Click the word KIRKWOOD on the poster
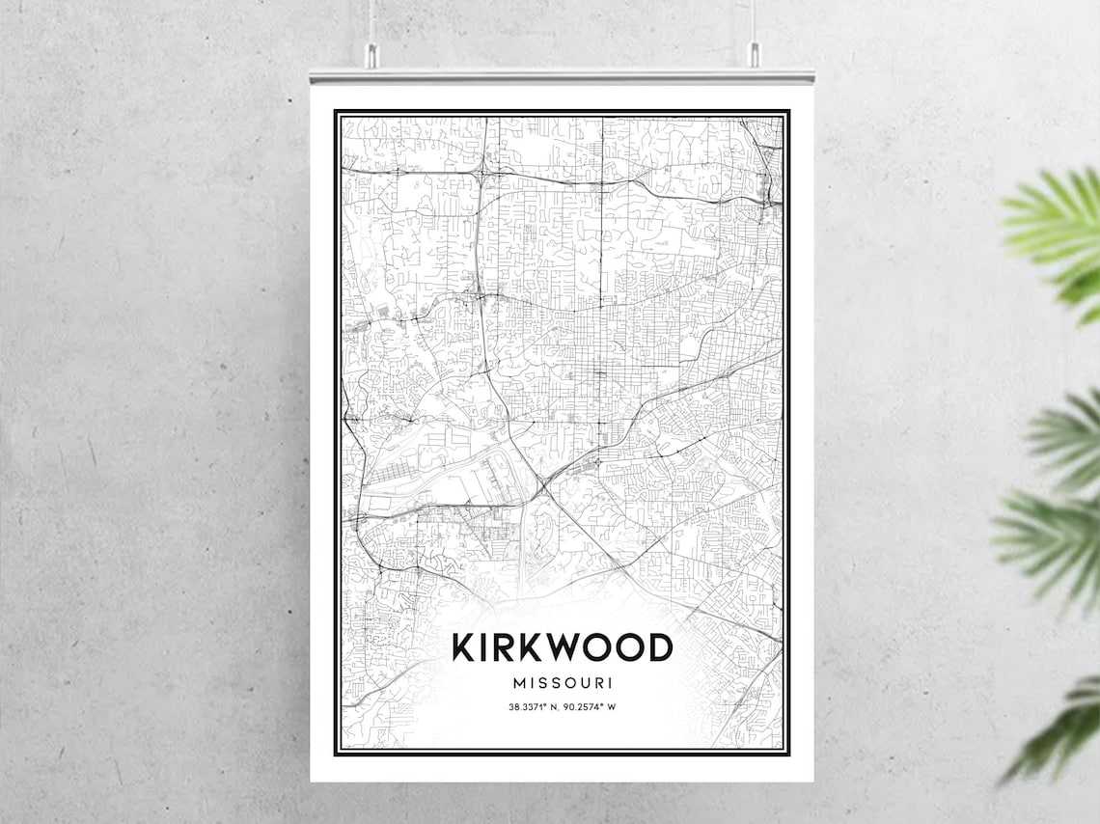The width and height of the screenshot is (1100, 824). [x=562, y=646]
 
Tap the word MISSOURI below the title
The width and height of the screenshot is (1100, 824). [x=563, y=683]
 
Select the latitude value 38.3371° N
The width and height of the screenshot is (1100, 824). [x=534, y=707]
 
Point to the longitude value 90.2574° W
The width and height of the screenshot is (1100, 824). [x=590, y=707]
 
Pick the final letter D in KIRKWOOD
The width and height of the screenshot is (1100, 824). [x=659, y=646]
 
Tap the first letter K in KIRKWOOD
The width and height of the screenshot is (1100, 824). [x=464, y=646]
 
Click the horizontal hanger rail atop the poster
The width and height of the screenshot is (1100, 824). [x=562, y=74]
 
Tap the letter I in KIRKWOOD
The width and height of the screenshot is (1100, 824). [x=484, y=646]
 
